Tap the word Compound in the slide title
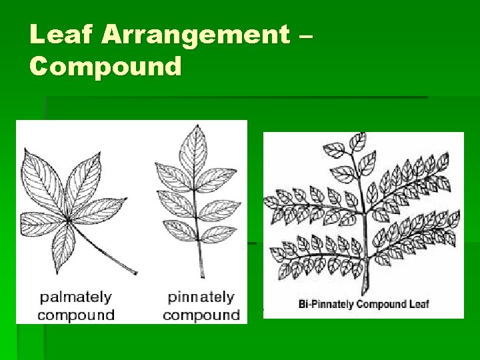coord(105,66)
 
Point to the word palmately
coord(75,297)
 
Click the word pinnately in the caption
coord(201,297)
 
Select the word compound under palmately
coord(75,315)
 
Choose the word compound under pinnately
coord(201,315)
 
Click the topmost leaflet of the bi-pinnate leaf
coord(358,141)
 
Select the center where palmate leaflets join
coord(71,221)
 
